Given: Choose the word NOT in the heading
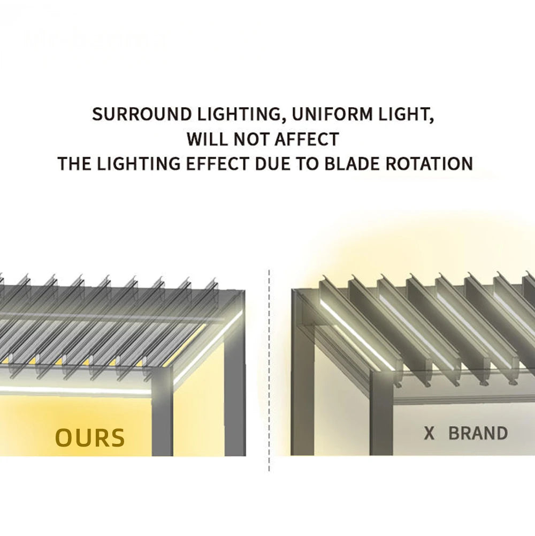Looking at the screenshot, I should click(251, 139).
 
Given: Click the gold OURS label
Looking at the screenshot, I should click(90, 438).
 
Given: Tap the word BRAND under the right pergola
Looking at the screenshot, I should click(478, 433).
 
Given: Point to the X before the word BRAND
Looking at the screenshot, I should click(429, 433).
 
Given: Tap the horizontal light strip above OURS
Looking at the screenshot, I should click(75, 391).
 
